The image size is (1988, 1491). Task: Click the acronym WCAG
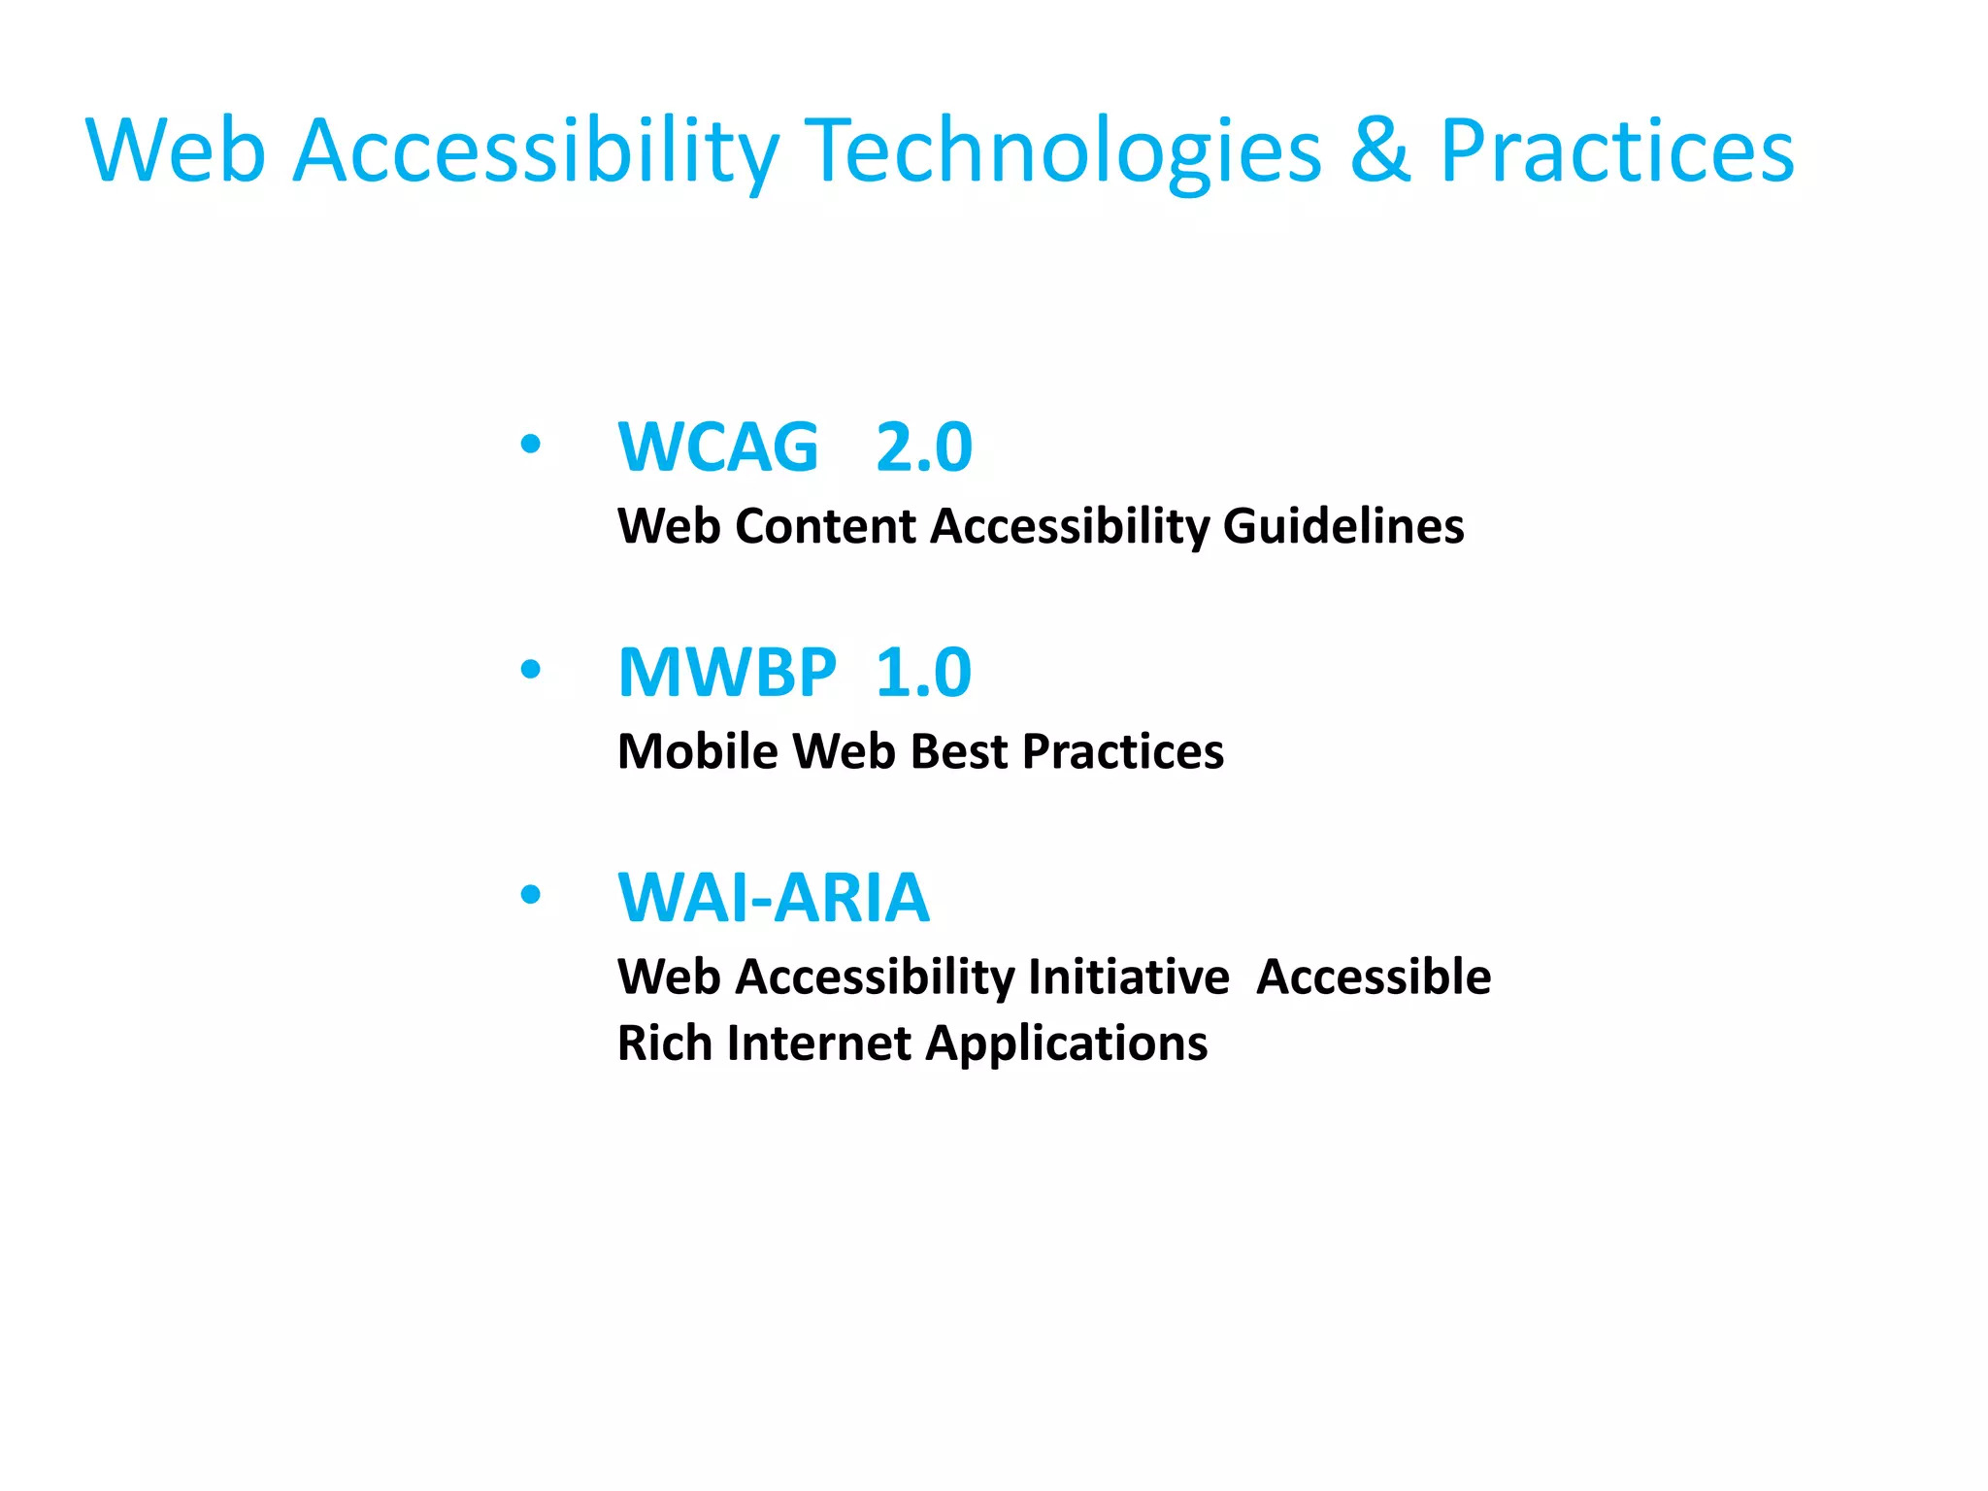tap(718, 447)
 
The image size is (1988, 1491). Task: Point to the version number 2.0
tap(923, 447)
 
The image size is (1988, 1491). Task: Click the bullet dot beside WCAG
tap(530, 445)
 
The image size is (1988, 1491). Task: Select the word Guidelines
tap(1343, 526)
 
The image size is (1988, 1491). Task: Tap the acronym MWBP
tap(727, 673)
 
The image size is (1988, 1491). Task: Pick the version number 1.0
tap(923, 673)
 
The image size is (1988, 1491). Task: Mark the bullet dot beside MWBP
tap(530, 670)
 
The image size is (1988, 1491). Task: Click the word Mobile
tap(698, 751)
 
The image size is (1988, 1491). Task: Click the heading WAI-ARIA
tap(774, 898)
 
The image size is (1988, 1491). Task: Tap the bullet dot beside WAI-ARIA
tap(530, 895)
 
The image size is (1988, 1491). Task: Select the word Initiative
tap(1129, 977)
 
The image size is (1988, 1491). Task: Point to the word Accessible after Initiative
tap(1374, 977)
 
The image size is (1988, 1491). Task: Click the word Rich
tap(665, 1044)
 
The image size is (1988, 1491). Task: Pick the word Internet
tap(819, 1044)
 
